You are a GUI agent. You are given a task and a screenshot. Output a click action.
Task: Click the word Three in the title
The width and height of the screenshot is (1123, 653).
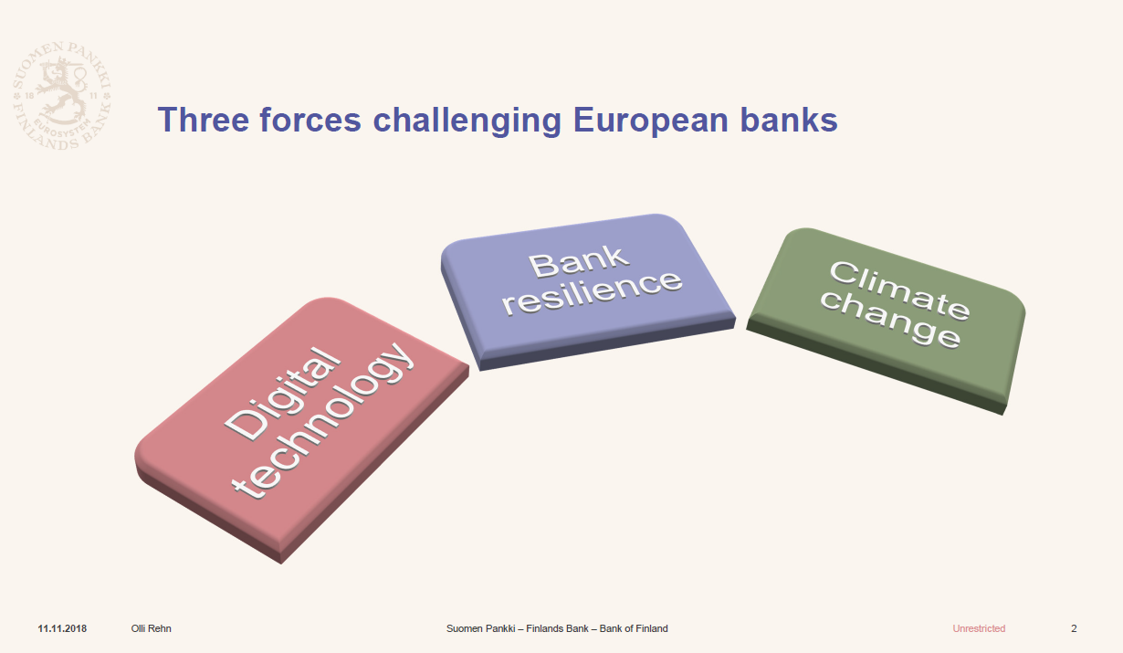pos(203,120)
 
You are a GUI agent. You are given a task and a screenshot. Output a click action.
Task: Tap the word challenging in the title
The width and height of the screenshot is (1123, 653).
pos(467,121)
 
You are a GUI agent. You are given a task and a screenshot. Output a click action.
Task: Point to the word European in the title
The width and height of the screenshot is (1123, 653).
pos(651,121)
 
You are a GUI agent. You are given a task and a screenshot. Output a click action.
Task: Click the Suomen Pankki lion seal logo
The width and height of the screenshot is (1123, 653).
pos(62,96)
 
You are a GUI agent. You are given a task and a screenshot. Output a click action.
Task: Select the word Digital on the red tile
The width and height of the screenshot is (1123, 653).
pos(282,394)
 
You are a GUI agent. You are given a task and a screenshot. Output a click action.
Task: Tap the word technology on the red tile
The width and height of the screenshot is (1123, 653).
pos(323,421)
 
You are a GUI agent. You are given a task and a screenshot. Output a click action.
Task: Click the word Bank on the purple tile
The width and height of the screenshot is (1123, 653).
pos(578,261)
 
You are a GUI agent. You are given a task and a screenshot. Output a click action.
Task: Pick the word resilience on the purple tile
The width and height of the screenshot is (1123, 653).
pos(592,292)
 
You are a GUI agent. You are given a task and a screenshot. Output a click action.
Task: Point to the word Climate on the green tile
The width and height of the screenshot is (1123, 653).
pos(900,290)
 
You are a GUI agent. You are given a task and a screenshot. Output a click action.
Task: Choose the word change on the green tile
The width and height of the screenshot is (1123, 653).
pos(890,319)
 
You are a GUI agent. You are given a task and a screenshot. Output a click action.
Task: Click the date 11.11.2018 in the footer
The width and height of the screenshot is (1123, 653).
pos(62,628)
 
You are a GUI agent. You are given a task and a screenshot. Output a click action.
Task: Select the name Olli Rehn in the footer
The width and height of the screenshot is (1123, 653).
pos(151,628)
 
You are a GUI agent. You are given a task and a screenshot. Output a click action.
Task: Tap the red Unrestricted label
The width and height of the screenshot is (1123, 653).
pos(979,628)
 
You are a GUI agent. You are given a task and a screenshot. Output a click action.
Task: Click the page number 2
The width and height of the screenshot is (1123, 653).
pos(1074,628)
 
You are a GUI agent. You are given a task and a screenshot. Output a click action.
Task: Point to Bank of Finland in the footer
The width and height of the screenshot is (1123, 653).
pos(634,628)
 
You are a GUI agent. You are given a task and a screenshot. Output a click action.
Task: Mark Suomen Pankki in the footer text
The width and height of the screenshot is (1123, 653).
pos(481,628)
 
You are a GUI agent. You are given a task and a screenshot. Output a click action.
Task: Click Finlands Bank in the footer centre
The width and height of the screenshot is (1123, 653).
pos(557,628)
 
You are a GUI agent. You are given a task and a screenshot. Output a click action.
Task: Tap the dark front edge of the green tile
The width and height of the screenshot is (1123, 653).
pos(876,368)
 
